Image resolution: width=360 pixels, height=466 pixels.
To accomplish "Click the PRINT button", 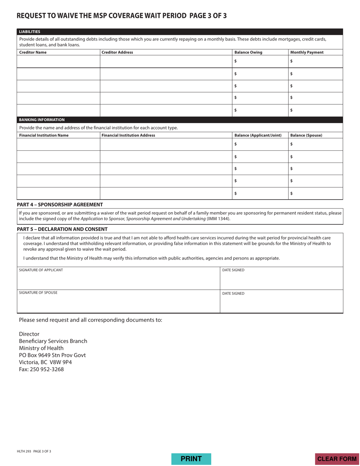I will click(x=191, y=459).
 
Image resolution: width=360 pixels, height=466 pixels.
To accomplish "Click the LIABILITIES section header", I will click(x=30, y=32).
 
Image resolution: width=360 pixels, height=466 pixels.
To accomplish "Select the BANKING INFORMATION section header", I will click(x=42, y=120).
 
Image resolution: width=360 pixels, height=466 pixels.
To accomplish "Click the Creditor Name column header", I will click(x=33, y=52).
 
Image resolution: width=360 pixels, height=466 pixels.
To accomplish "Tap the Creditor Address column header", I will click(x=117, y=52).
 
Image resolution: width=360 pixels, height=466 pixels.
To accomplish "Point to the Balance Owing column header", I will click(x=248, y=52).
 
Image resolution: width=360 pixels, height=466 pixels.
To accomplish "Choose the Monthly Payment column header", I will click(x=307, y=52).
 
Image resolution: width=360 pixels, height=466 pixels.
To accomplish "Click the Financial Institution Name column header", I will click(x=44, y=135).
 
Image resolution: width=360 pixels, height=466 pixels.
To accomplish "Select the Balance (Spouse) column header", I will click(x=306, y=135).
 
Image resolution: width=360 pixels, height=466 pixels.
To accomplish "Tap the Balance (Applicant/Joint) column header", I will click(x=258, y=135).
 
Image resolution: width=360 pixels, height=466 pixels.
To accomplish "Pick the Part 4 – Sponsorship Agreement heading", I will click(x=60, y=204).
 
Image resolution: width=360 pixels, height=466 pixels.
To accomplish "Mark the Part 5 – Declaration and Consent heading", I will click(x=62, y=229).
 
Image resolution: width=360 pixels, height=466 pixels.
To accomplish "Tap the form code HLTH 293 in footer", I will click(x=24, y=451).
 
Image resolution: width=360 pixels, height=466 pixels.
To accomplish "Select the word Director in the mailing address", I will click(x=29, y=334).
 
